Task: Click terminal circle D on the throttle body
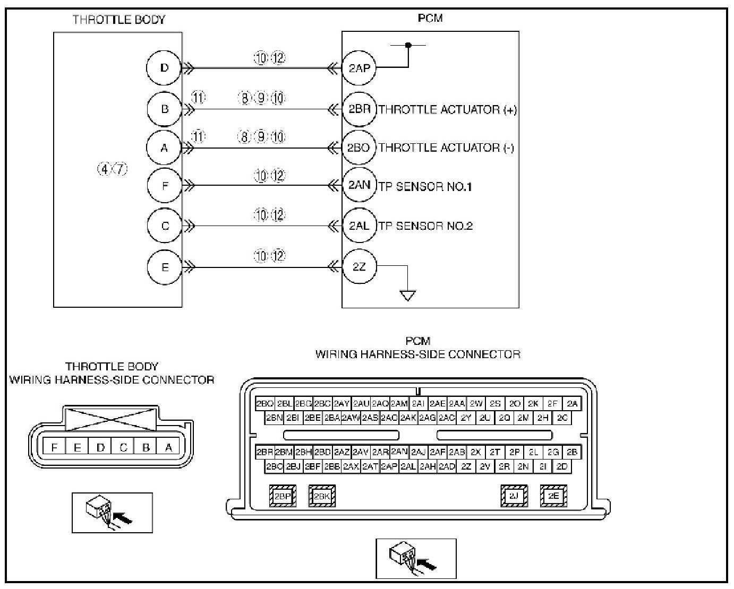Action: tap(164, 68)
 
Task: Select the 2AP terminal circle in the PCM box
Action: tap(359, 68)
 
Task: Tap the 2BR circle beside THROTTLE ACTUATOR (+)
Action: tap(359, 109)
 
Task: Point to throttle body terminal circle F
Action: tap(164, 186)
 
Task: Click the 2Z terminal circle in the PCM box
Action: tap(359, 267)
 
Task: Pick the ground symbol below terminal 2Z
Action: tap(407, 296)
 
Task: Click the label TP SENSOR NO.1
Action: tap(425, 187)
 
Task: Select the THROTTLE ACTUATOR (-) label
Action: tap(446, 148)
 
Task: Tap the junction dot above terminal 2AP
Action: tap(408, 45)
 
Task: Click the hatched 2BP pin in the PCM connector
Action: tap(283, 496)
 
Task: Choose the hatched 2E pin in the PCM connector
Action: tap(553, 496)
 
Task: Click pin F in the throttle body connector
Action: tap(54, 447)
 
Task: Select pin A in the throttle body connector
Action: tap(169, 447)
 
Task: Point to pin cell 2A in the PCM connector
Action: tap(571, 404)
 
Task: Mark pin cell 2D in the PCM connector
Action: tap(562, 466)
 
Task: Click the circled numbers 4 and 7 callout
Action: tap(112, 169)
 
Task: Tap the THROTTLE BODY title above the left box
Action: tap(119, 20)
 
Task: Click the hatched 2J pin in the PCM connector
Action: tap(514, 496)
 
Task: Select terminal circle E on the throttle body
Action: tap(164, 267)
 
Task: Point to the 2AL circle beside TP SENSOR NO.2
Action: tap(359, 226)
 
